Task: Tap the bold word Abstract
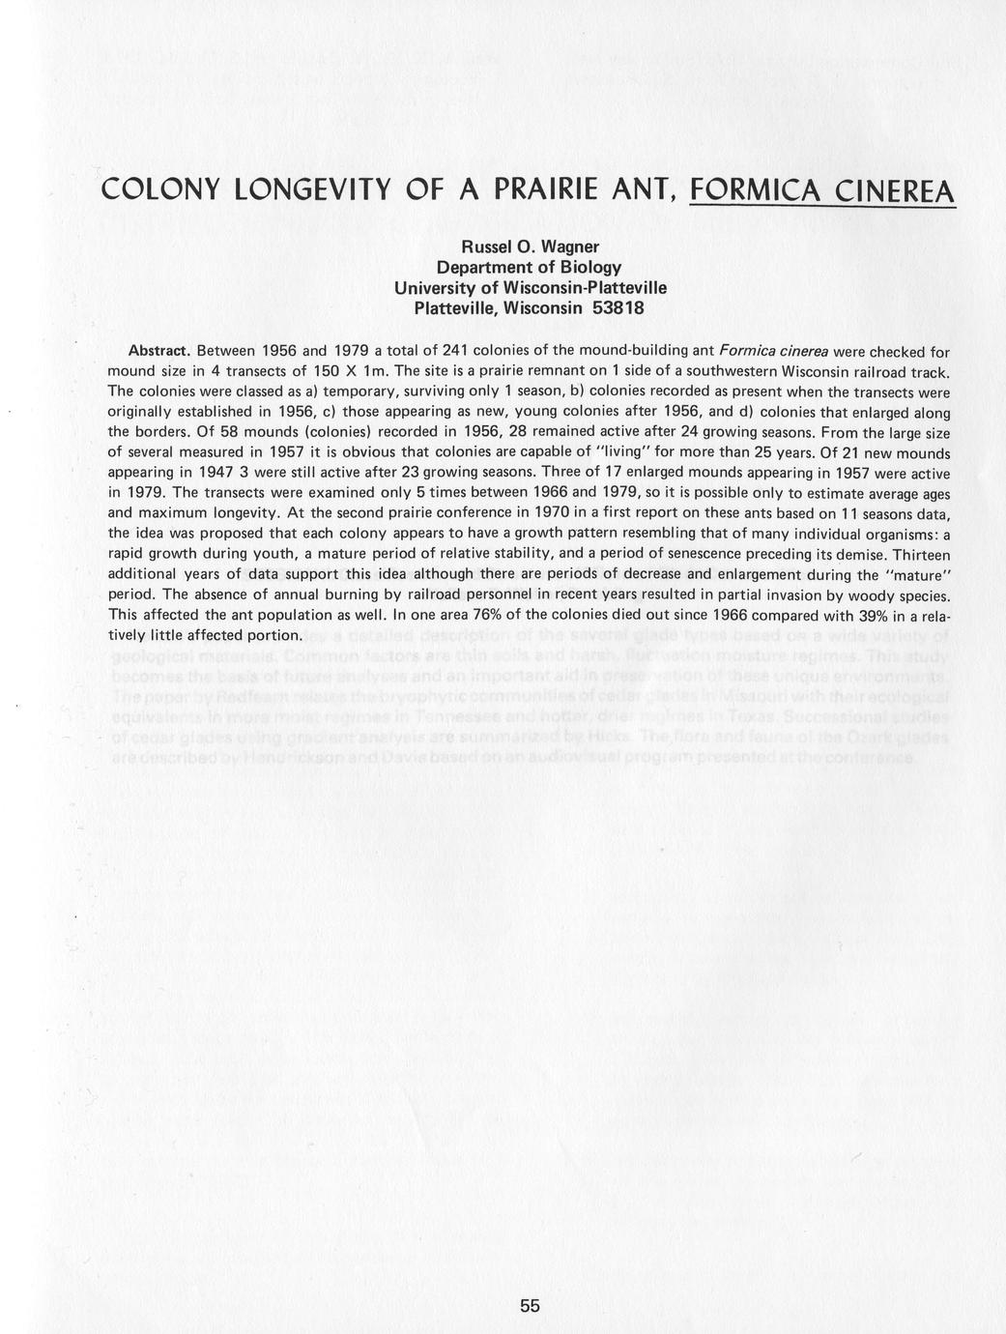[159, 349]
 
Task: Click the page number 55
[530, 1306]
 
